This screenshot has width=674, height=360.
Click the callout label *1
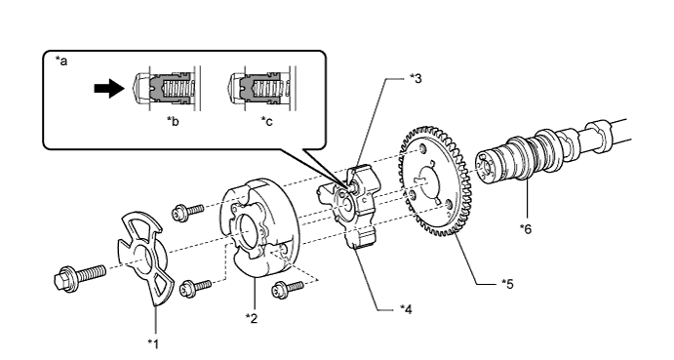[153, 344]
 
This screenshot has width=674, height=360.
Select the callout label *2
[252, 318]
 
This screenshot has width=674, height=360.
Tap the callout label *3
[416, 78]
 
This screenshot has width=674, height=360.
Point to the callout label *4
[406, 309]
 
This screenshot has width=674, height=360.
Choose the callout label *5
[507, 284]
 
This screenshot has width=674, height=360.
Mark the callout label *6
[526, 229]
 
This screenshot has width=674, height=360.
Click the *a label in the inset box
[61, 61]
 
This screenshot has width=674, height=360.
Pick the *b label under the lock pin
[173, 122]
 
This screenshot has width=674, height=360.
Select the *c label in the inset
[266, 122]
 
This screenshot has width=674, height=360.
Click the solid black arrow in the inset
[109, 88]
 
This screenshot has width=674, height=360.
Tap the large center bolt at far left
[80, 276]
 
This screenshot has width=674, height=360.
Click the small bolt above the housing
[187, 212]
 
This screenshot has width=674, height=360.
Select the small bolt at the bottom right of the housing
[288, 289]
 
